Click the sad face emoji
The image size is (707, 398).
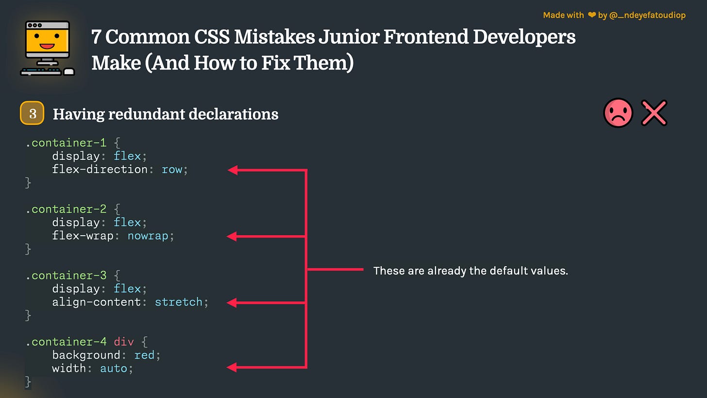click(618, 113)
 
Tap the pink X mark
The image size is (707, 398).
click(654, 113)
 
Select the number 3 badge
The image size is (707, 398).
click(33, 113)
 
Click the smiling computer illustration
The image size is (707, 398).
click(47, 48)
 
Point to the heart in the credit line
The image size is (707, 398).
click(591, 16)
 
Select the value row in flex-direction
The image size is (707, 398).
click(172, 170)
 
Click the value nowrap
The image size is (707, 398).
click(148, 236)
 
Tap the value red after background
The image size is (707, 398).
click(144, 355)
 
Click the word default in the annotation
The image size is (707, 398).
click(504, 271)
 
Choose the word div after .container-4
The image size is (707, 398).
click(123, 342)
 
